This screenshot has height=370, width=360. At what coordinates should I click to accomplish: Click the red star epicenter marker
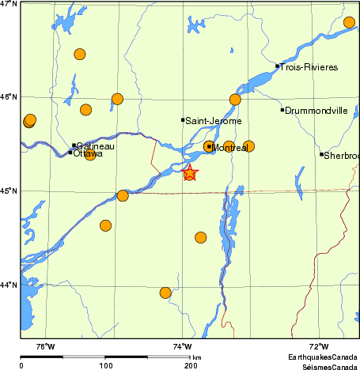pyautogui.click(x=190, y=173)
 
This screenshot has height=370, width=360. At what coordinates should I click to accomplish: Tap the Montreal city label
pyautogui.click(x=230, y=148)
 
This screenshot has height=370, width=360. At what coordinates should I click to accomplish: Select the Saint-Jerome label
pyautogui.click(x=214, y=121)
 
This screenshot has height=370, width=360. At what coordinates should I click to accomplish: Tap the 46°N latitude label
pyautogui.click(x=9, y=97)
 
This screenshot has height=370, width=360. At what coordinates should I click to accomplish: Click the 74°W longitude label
pyautogui.click(x=183, y=345)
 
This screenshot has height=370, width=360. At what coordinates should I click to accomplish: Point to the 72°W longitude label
pyautogui.click(x=319, y=345)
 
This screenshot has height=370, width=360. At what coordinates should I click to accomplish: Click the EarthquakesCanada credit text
pyautogui.click(x=321, y=357)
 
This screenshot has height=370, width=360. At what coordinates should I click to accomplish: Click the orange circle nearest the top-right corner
pyautogui.click(x=350, y=22)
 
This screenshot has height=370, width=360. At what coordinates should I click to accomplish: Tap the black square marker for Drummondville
pyautogui.click(x=282, y=110)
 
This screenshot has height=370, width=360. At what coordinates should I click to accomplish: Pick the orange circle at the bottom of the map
pyautogui.click(x=165, y=293)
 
